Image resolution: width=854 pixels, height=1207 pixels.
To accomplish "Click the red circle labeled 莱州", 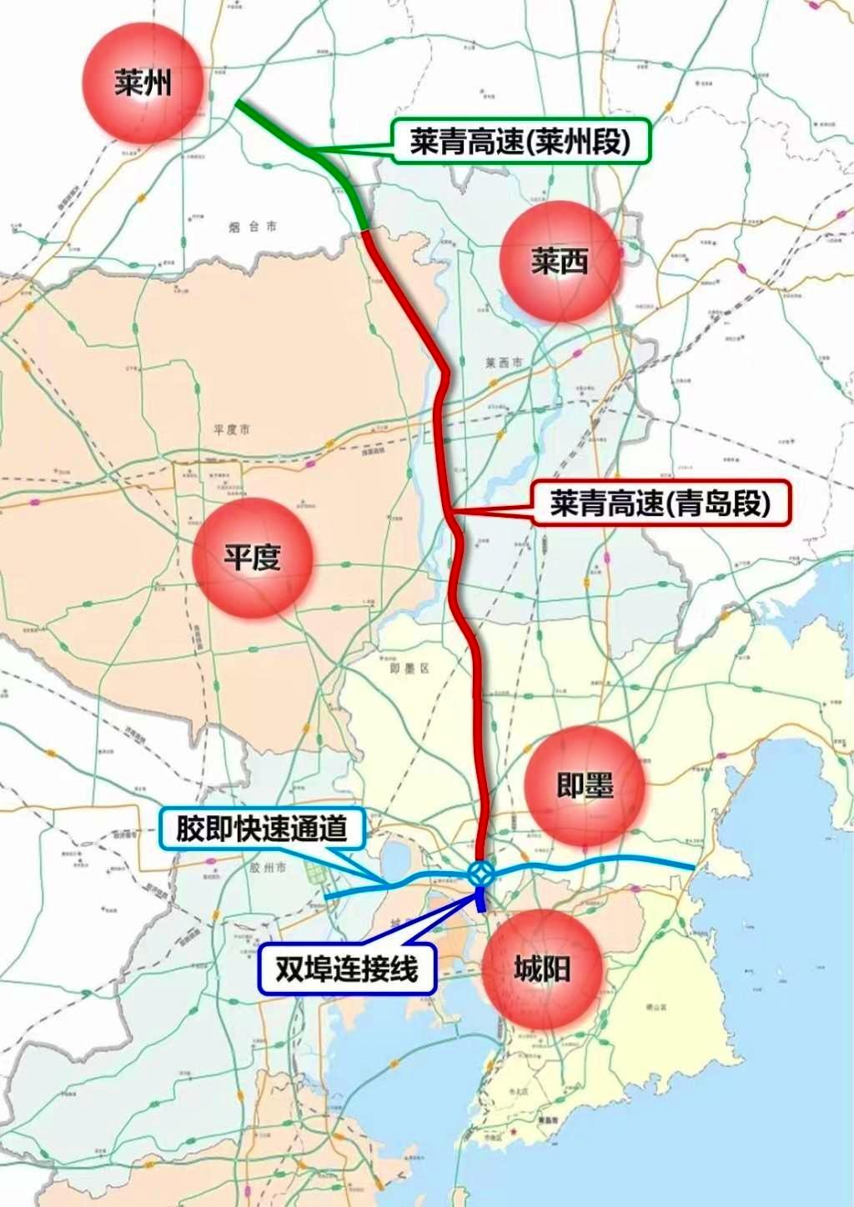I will click(x=143, y=83).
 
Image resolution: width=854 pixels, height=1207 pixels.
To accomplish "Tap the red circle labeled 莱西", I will click(x=560, y=262).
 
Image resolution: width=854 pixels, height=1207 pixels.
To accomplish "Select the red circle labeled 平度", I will click(x=252, y=557).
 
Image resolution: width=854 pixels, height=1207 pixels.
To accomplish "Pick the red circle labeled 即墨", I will click(x=585, y=785).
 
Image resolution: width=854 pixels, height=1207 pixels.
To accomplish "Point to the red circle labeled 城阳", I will click(x=541, y=969).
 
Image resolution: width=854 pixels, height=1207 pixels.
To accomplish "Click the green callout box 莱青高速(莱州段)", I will click(x=520, y=142).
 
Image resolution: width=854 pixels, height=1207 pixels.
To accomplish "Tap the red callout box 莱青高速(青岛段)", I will click(x=660, y=503).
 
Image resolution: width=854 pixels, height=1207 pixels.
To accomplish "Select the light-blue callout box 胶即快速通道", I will click(x=261, y=829).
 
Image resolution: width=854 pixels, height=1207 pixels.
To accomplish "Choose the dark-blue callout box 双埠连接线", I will click(x=347, y=969).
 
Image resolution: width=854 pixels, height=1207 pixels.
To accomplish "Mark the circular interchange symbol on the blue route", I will click(x=480, y=874).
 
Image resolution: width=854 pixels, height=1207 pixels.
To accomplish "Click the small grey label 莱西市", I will click(x=504, y=363).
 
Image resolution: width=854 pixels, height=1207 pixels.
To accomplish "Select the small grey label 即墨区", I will click(x=409, y=668).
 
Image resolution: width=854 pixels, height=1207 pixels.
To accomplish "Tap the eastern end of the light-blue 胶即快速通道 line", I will click(x=692, y=868).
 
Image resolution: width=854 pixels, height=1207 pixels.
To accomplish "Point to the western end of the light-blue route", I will click(x=326, y=896).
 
